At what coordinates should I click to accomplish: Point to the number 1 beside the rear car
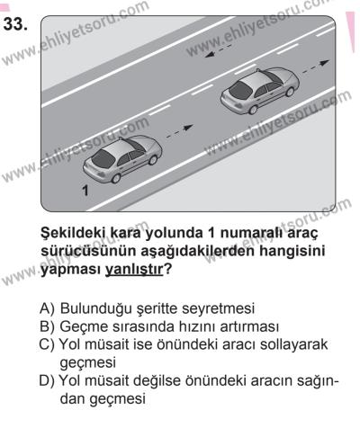(85, 192)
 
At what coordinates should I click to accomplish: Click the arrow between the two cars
(184, 129)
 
